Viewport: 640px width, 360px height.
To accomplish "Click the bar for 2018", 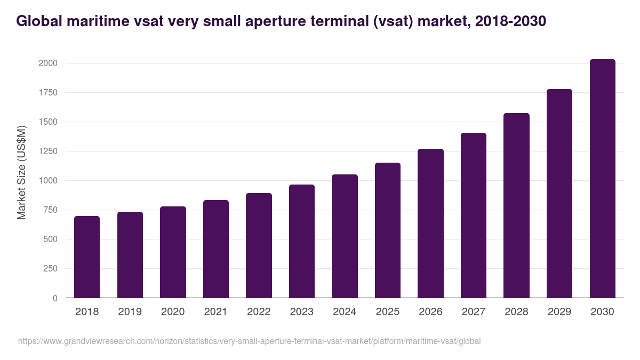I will pos(87,257).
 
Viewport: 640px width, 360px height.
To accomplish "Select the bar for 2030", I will pos(602,179).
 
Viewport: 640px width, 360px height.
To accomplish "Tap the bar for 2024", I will pos(345,236).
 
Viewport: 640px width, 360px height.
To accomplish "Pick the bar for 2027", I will pos(474,215).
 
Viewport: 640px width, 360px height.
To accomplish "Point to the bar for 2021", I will pos(216,249).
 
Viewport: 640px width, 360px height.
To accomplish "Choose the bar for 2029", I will pos(559,194).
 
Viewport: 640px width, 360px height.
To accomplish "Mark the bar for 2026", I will pos(430,223).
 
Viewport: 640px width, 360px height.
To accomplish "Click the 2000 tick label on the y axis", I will pos(47,63).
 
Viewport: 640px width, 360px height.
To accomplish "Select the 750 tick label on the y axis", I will pos(50,210).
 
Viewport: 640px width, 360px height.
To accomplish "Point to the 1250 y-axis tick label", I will pos(47,151).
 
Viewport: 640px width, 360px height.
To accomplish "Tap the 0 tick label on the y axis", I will pos(55,298).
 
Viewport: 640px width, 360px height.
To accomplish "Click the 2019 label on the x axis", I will pos(130,312).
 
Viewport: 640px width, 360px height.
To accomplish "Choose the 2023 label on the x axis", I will pos(301,312).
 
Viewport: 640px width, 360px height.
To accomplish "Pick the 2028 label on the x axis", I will pos(516,312).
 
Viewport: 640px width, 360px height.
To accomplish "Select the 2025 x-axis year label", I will pos(387,312).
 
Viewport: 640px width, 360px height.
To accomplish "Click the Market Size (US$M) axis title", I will pos(21,173).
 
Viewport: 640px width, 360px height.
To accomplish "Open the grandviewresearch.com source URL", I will pos(249,341).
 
